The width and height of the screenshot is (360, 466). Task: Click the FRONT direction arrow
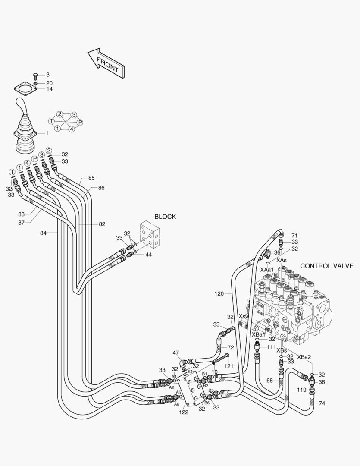[106, 64]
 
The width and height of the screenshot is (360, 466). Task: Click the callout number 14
[49, 89]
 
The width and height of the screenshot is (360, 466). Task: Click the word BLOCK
[165, 217]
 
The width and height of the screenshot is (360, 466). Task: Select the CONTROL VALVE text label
[327, 266]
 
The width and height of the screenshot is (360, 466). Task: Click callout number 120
[219, 294]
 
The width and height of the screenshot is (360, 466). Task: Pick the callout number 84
[43, 233]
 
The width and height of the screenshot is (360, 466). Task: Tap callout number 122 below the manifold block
[184, 412]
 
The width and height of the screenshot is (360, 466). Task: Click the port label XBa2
[304, 357]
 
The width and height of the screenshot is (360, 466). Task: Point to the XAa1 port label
[267, 270]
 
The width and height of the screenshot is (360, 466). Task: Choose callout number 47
[175, 353]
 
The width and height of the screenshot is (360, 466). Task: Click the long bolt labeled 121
[220, 359]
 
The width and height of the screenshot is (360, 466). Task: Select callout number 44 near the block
[148, 255]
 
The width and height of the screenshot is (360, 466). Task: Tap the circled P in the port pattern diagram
[80, 122]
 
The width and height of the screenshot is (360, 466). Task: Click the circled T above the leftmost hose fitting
[12, 172]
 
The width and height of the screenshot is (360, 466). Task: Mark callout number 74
[322, 403]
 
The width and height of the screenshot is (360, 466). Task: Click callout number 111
[272, 347]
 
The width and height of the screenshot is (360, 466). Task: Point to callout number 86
[101, 188]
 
